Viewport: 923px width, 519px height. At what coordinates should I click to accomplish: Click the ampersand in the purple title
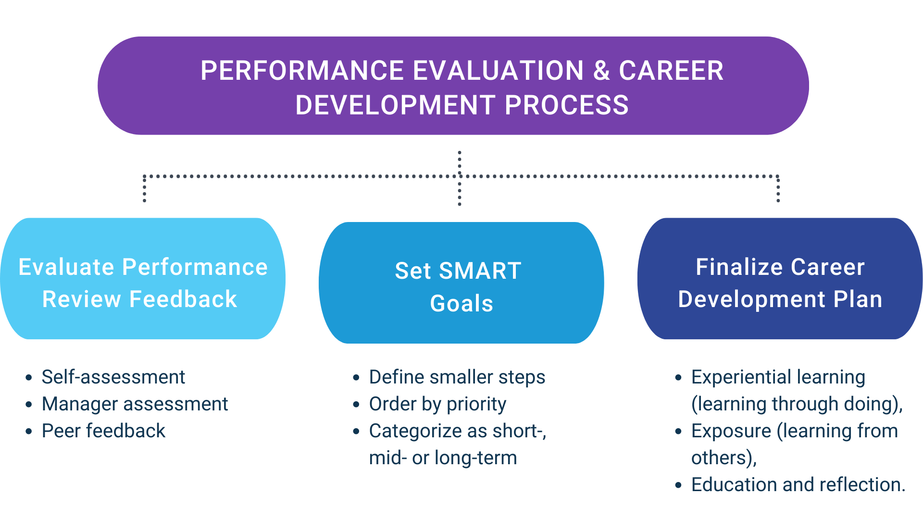[x=601, y=71]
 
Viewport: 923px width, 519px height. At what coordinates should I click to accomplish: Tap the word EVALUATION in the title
[x=498, y=71]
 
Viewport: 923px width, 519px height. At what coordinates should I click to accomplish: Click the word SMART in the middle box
[x=480, y=271]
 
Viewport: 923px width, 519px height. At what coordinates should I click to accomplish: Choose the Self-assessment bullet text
[x=113, y=377]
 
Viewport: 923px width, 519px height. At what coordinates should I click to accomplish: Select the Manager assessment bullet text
[x=135, y=404]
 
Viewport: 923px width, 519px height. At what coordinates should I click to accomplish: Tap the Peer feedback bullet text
[x=104, y=431]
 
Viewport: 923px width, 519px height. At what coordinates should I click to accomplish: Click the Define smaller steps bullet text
[x=457, y=378]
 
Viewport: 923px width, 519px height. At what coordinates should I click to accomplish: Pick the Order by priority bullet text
[x=438, y=405]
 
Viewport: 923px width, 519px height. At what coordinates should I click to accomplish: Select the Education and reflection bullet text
[x=798, y=485]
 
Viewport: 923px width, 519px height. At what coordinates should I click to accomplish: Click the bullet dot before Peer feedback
[x=29, y=432]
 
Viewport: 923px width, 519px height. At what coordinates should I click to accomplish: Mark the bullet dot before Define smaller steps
[x=356, y=378]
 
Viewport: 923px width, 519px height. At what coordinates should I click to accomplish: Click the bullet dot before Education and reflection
[x=678, y=485]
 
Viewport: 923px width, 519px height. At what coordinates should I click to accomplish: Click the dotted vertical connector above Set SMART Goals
[x=460, y=178]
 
